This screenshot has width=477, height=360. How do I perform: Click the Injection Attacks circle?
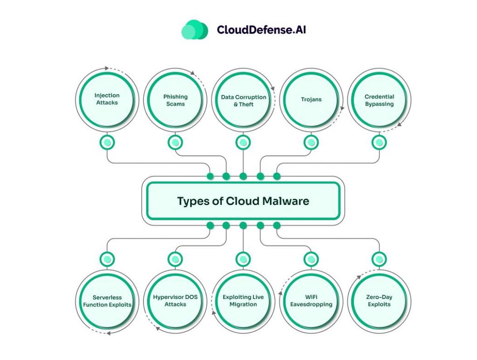[x=107, y=99]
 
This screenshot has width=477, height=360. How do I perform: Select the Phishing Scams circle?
[x=175, y=100]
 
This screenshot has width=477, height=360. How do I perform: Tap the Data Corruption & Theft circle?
[x=243, y=100]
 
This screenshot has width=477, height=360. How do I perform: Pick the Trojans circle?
[x=311, y=100]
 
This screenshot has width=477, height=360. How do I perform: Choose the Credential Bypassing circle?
[x=379, y=100]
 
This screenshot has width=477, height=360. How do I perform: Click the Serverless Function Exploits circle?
[x=107, y=301]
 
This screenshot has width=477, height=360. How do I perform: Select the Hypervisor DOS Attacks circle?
[x=175, y=301]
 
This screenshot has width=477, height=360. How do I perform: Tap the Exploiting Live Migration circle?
[x=243, y=301]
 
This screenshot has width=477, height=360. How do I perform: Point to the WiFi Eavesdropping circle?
[x=311, y=301]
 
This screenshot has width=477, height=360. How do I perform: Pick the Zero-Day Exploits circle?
[x=379, y=301]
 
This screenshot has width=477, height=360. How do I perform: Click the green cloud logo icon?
[x=194, y=29]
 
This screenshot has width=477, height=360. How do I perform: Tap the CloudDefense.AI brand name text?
[x=261, y=30]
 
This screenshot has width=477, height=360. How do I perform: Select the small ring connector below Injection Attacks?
[x=107, y=143]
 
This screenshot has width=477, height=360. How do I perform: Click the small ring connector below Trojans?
[x=311, y=143]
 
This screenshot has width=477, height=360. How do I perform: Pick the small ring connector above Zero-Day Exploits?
[x=379, y=259]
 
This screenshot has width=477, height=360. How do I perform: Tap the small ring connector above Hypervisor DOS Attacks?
[x=175, y=259]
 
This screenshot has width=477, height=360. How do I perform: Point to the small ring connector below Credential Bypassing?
[x=379, y=143]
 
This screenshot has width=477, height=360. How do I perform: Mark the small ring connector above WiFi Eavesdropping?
[x=311, y=259]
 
